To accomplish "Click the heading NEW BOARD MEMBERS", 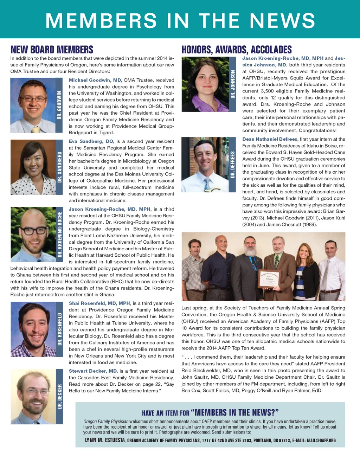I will (52, 50).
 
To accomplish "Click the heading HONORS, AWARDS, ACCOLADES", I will (236, 50).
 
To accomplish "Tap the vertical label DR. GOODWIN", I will (59, 105).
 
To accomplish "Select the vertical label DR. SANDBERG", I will (59, 167).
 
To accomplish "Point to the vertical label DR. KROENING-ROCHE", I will (59, 234).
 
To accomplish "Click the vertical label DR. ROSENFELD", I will (59, 329).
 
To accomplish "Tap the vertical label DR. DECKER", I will (59, 396).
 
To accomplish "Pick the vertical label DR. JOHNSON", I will (232, 84).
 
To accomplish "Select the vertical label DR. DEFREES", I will (232, 165).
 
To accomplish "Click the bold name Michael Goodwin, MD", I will (95, 80).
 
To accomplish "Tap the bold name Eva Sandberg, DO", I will (91, 141).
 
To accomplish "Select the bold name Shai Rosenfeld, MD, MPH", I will (99, 303).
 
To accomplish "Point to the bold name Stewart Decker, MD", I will (93, 371).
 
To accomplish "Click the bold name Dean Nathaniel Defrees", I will (270, 139).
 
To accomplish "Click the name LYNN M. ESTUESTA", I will (105, 440).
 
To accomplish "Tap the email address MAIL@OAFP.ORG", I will (321, 440).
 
